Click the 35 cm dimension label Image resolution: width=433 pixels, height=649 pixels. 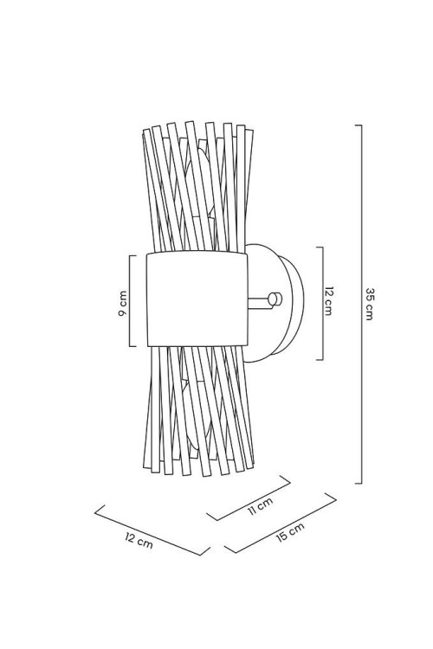click(x=369, y=304)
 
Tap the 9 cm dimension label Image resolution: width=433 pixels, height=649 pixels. click(x=123, y=304)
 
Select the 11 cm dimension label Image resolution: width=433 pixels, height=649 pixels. click(x=260, y=506)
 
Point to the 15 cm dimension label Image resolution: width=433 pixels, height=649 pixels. click(x=290, y=532)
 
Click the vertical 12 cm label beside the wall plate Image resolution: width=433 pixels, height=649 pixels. click(x=328, y=301)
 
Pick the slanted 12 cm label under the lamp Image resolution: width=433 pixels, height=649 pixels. click(x=139, y=540)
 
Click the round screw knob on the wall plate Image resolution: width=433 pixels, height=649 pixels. click(x=275, y=299)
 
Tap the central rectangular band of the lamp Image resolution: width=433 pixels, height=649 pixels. click(x=197, y=299)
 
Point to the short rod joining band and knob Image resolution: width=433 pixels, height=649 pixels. click(x=258, y=303)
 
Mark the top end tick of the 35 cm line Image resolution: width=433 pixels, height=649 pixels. click(x=359, y=125)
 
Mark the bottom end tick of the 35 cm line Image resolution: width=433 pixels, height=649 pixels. click(x=359, y=483)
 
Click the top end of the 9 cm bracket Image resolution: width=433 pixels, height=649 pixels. click(x=132, y=256)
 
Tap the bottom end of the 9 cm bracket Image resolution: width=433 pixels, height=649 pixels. click(x=132, y=346)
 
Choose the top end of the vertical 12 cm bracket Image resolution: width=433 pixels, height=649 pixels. click(x=320, y=247)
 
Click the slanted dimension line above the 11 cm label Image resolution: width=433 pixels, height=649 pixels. click(x=249, y=498)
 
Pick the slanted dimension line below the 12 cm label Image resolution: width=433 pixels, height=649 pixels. click(x=152, y=530)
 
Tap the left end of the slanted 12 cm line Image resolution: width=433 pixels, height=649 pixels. click(x=95, y=512)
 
